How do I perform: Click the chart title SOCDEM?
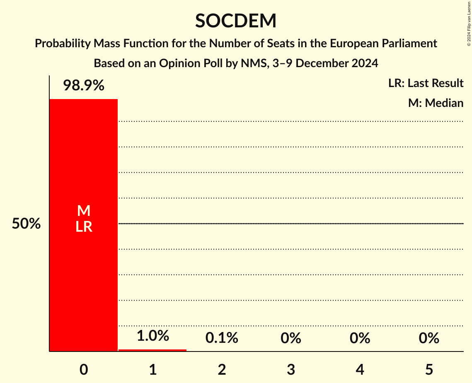(x=236, y=21)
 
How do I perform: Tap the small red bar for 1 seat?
(x=152, y=350)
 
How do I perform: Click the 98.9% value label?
(x=84, y=86)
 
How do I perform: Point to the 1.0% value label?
(x=152, y=335)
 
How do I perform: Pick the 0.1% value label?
(x=222, y=338)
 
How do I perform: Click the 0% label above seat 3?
(x=290, y=338)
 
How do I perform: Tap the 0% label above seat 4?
(x=360, y=338)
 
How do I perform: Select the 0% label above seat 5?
(x=428, y=338)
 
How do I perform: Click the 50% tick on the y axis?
(x=26, y=224)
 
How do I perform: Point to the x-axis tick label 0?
(x=84, y=370)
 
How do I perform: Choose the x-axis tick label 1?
(x=152, y=370)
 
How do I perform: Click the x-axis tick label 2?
(x=222, y=370)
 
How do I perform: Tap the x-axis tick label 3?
(x=290, y=370)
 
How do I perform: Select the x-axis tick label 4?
(x=360, y=370)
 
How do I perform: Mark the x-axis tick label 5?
(x=428, y=370)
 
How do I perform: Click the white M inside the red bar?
(x=84, y=211)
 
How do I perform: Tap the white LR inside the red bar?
(x=84, y=227)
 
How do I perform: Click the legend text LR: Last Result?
(x=426, y=83)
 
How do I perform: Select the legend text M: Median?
(x=436, y=103)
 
